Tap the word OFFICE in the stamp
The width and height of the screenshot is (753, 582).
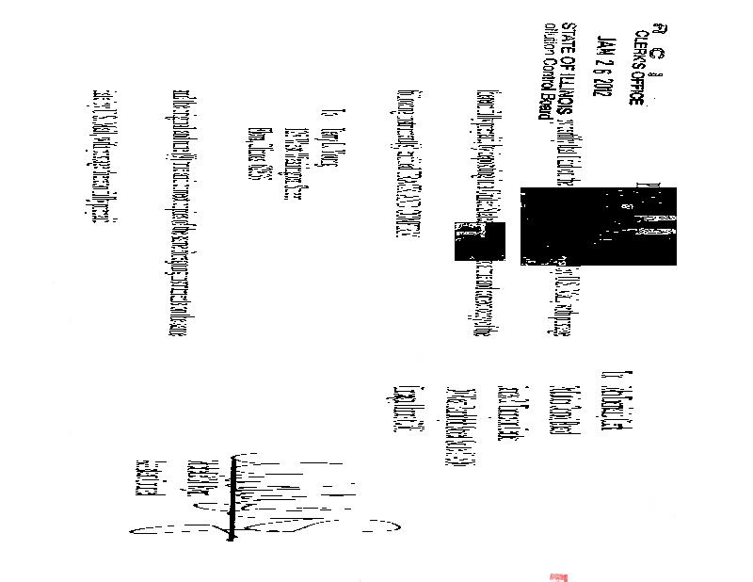(637, 85)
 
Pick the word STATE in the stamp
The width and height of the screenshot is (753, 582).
(568, 38)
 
